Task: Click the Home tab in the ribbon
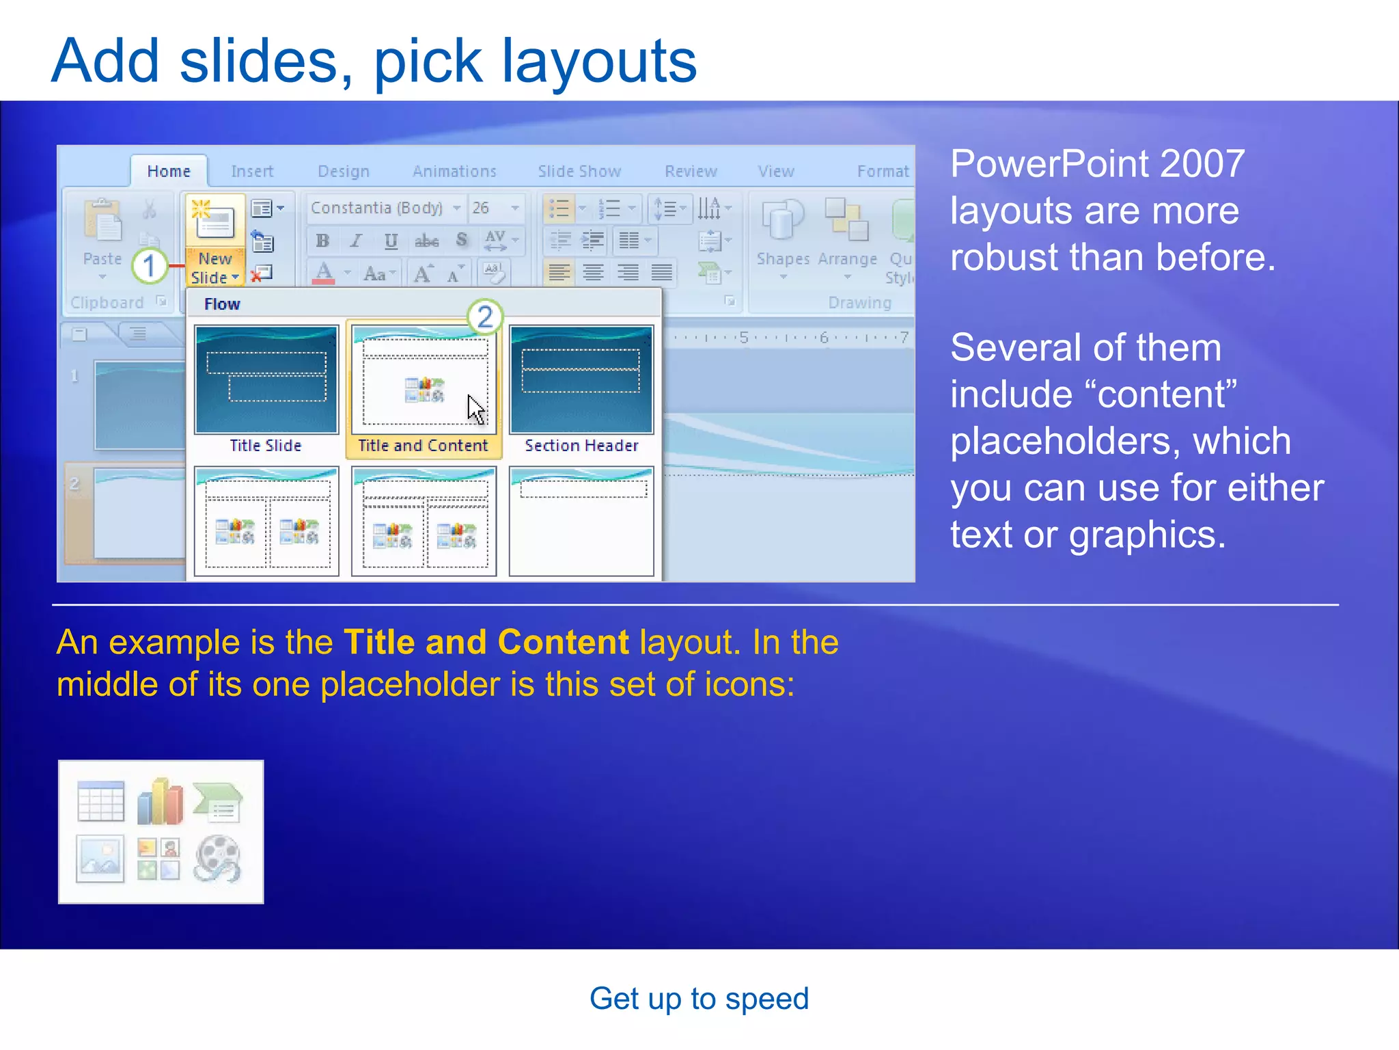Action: point(168,171)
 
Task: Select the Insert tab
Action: point(251,171)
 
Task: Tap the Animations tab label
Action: point(454,171)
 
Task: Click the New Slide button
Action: point(214,239)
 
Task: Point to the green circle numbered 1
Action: point(150,266)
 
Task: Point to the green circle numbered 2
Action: point(485,317)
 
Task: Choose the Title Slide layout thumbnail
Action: point(266,380)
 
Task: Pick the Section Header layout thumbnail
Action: point(581,380)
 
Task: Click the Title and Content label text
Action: point(423,446)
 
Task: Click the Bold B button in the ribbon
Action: point(322,241)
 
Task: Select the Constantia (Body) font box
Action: point(377,208)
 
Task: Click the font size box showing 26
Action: point(481,208)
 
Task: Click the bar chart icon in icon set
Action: point(160,802)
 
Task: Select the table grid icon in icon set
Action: point(101,802)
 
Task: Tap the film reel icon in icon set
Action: point(217,859)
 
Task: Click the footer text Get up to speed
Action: point(699,999)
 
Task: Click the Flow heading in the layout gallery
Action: point(222,304)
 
